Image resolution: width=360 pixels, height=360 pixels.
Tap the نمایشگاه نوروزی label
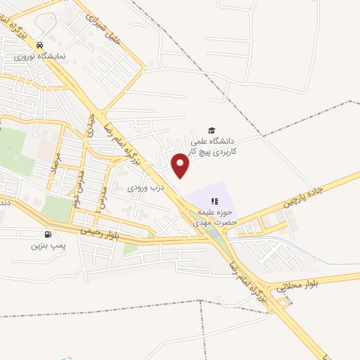pos(46,54)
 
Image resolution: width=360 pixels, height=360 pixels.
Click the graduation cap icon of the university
pos(210,129)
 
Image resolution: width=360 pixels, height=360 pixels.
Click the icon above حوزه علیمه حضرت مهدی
pos(214,201)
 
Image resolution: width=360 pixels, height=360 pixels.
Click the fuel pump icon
pos(47,234)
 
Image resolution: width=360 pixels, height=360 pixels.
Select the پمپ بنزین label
pos(47,246)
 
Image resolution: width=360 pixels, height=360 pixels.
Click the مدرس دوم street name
pos(76,186)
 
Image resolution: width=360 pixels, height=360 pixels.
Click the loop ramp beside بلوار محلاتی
pos(285,301)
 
